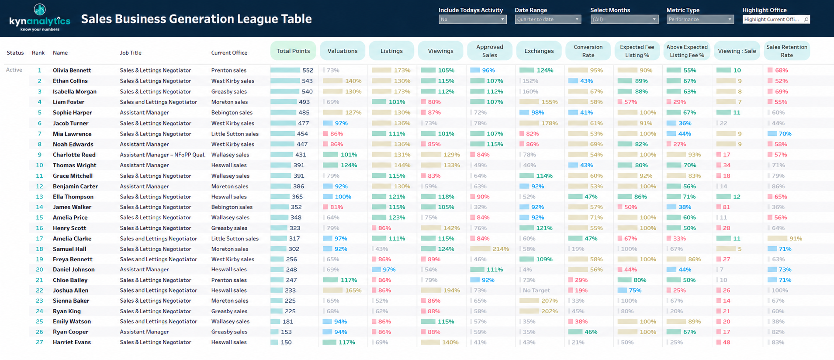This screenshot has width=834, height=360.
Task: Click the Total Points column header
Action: (293, 51)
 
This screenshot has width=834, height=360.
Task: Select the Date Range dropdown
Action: (548, 19)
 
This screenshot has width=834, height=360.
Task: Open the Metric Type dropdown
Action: (700, 19)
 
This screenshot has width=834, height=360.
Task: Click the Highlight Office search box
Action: (776, 19)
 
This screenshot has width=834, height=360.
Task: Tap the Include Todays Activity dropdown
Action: (472, 19)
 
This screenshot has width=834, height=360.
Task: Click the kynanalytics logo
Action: (40, 17)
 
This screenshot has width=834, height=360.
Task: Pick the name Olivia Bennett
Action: (72, 70)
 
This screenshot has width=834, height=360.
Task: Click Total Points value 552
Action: (308, 70)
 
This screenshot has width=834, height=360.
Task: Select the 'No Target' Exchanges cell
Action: (536, 291)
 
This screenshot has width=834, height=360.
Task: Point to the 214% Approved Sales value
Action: (501, 249)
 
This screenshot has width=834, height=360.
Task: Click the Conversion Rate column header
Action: (588, 51)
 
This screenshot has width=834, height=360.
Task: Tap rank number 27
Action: (39, 343)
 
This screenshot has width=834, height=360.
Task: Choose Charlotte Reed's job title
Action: (163, 155)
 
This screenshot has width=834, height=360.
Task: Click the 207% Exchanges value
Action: (550, 301)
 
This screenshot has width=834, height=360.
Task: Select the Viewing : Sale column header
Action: (737, 51)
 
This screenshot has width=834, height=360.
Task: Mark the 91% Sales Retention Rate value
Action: (796, 239)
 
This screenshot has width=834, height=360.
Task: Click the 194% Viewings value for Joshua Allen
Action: (451, 291)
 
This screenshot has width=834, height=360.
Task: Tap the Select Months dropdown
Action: (624, 19)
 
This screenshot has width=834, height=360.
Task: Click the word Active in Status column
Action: (14, 70)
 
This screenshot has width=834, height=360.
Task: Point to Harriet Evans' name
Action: (72, 343)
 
